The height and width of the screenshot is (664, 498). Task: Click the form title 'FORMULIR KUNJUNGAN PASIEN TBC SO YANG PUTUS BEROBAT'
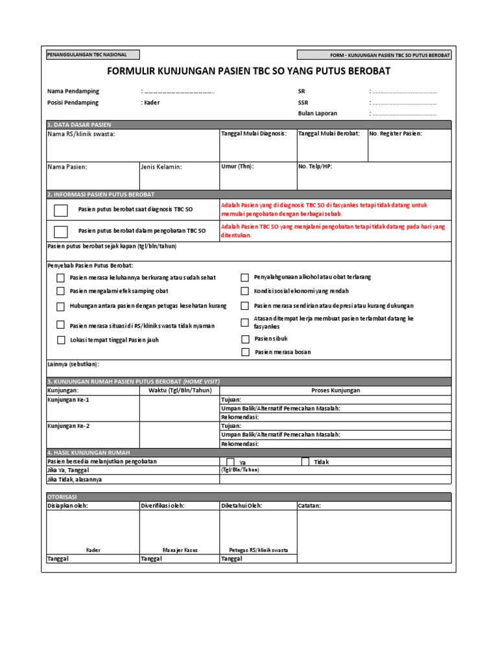tap(248, 71)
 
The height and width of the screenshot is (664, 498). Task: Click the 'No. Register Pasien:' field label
tap(395, 134)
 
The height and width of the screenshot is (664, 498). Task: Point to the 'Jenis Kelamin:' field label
tap(161, 167)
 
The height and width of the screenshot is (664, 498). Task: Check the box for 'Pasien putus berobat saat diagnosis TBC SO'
tap(61, 209)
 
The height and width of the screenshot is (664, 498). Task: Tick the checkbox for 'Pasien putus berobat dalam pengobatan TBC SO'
tap(61, 231)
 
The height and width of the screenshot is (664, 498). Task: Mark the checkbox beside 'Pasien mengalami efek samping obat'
tap(60, 292)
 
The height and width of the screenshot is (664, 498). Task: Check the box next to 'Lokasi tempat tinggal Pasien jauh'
tap(60, 340)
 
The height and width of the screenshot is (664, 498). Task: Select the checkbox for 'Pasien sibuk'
tap(245, 338)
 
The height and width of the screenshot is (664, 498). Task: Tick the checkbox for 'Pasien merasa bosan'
tap(245, 352)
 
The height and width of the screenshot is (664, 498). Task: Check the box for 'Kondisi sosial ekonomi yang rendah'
tap(245, 292)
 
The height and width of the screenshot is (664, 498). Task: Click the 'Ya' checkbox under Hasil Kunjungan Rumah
tap(230, 462)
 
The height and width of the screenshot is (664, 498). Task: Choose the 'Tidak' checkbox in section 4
tap(305, 462)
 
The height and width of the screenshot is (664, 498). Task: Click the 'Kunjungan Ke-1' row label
tap(68, 400)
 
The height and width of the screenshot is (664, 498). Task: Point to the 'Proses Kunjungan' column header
tap(335, 390)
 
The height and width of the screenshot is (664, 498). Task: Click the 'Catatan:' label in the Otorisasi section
tap(309, 505)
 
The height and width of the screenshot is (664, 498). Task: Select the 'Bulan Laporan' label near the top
tap(318, 113)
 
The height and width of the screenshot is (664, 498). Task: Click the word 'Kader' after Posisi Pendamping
tap(152, 102)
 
